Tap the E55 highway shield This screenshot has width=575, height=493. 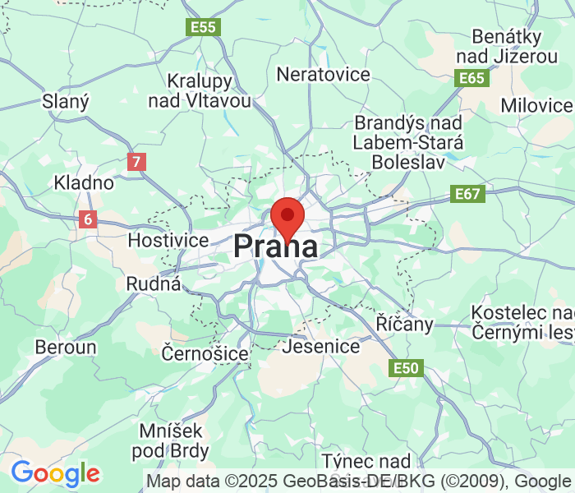(x=203, y=27)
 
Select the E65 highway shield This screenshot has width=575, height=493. (x=472, y=78)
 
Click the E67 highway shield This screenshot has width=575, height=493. (x=469, y=194)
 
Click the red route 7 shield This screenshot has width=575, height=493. (x=136, y=162)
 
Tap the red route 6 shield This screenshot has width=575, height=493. (x=88, y=219)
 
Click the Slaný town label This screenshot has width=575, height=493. (x=66, y=101)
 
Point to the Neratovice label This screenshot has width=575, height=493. (x=324, y=75)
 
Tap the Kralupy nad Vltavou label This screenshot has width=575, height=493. (x=200, y=91)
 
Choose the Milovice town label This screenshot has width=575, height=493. (x=536, y=105)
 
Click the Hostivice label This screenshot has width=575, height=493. (x=168, y=241)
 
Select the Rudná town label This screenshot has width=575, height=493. (x=153, y=283)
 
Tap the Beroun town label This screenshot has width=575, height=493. (x=65, y=347)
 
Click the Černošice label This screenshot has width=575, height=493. (x=205, y=353)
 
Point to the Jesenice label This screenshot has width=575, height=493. (x=320, y=346)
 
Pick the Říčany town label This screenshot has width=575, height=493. (x=404, y=324)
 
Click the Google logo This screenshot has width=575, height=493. (x=55, y=473)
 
